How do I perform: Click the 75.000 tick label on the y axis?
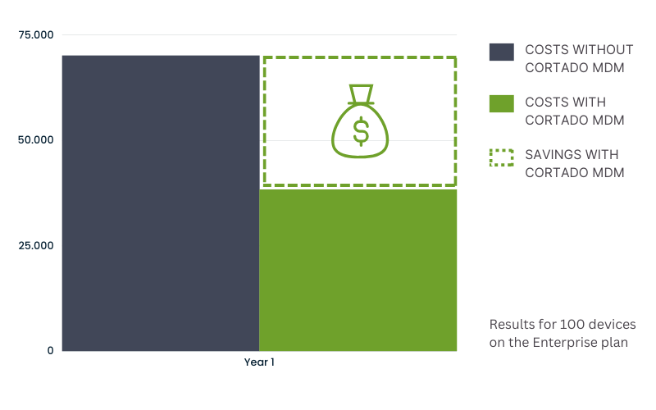pyautogui.click(x=36, y=34)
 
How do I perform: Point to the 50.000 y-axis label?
pyautogui.click(x=36, y=139)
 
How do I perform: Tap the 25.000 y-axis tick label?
pyautogui.click(x=36, y=245)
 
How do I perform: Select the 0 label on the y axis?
pyautogui.click(x=50, y=351)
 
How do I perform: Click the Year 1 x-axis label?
pyautogui.click(x=259, y=362)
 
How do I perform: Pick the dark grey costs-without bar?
pyautogui.click(x=161, y=203)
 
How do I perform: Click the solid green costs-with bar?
pyautogui.click(x=358, y=271)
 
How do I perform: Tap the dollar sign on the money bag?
pyautogui.click(x=361, y=131)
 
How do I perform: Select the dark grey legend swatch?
pyautogui.click(x=502, y=52)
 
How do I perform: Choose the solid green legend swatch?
pyautogui.click(x=502, y=104)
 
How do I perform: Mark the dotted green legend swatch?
pyautogui.click(x=502, y=157)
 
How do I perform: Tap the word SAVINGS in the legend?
pyautogui.click(x=547, y=155)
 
